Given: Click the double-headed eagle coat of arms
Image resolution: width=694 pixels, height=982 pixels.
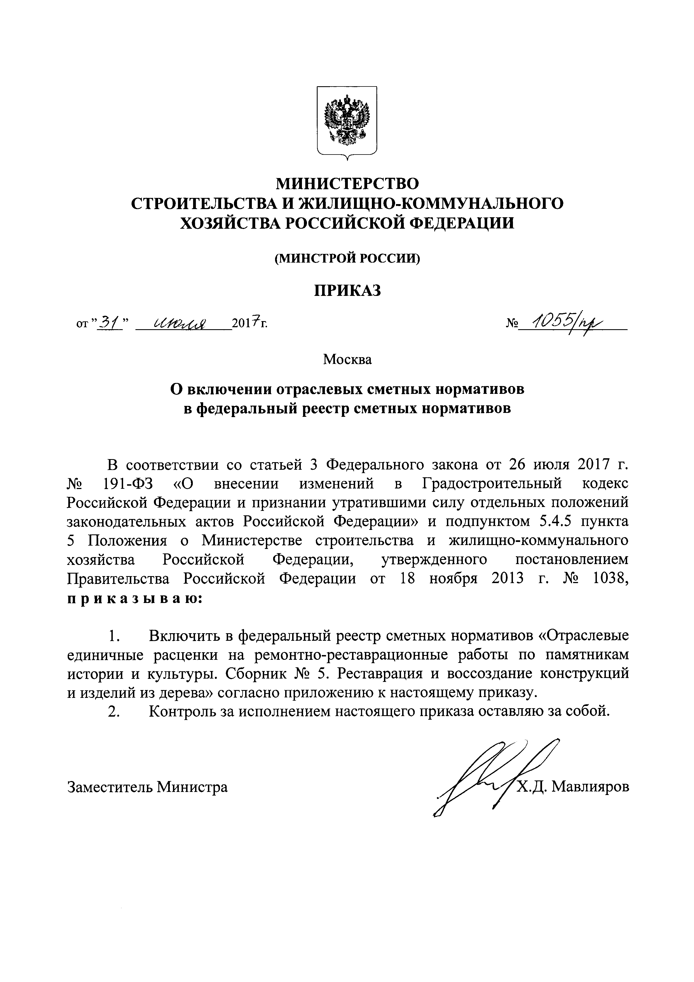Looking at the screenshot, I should click(x=346, y=121).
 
